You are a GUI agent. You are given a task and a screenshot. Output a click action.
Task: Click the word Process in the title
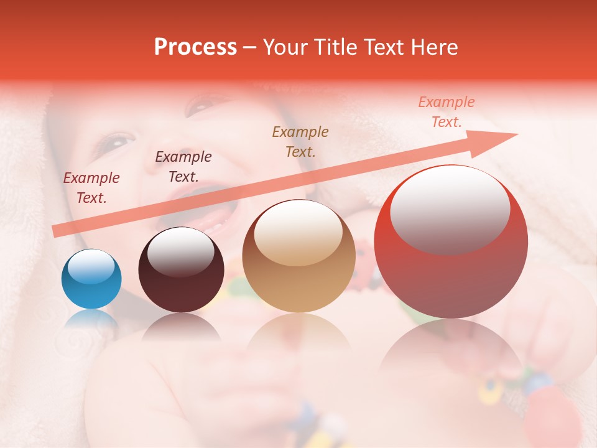tap(195, 47)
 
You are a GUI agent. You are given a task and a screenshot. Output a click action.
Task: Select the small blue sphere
tap(91, 279)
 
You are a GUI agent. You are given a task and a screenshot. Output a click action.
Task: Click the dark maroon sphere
tap(181, 270)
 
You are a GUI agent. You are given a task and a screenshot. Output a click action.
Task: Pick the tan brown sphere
tap(298, 256)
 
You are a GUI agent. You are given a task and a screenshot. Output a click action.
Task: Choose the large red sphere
tap(451, 242)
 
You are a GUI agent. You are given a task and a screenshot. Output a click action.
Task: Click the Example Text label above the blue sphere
tap(91, 188)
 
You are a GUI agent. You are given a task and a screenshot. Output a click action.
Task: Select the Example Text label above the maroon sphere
tap(183, 167)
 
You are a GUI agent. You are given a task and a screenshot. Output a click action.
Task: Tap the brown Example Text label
tap(300, 141)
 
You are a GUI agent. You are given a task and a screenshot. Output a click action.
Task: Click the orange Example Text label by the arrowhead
tap(447, 112)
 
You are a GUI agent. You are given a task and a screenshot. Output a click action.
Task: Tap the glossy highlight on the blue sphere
tap(91, 267)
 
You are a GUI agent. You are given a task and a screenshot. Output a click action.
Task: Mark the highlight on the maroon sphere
tap(180, 252)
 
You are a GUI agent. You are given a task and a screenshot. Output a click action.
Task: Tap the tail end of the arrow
tap(55, 231)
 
